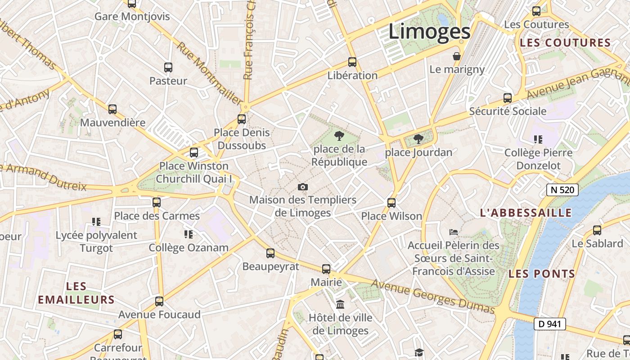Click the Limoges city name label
[x=429, y=32]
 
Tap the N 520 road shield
[x=562, y=190]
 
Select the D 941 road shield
[x=549, y=324]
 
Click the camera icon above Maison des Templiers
[x=303, y=187]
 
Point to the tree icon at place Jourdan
[x=418, y=139]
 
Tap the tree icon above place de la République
[x=339, y=135]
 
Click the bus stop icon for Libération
[x=352, y=62]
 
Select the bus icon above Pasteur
[x=168, y=67]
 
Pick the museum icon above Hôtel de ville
[x=340, y=304]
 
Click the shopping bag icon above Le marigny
[x=457, y=56]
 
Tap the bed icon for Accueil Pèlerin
[x=454, y=232]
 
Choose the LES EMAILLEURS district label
[x=76, y=293]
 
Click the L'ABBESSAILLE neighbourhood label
[x=526, y=213]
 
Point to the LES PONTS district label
[x=542, y=274]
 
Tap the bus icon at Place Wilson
[x=391, y=203]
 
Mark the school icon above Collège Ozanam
[x=189, y=234]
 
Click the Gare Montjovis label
[x=132, y=17]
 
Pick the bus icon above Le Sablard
[x=597, y=230]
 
